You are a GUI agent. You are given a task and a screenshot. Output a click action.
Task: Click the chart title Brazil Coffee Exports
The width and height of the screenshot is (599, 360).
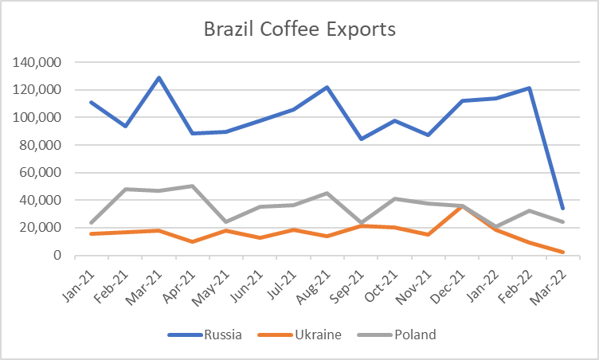299,29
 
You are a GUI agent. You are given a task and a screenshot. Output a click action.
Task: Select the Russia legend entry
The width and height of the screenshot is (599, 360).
205,335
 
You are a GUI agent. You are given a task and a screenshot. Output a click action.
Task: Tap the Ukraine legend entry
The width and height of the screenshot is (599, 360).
299,335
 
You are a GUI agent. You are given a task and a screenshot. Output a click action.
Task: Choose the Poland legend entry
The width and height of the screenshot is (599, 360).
397,335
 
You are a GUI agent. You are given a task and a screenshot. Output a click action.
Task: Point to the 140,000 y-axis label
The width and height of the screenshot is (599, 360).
37,62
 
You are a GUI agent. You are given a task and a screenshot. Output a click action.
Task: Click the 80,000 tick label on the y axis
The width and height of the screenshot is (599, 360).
40,145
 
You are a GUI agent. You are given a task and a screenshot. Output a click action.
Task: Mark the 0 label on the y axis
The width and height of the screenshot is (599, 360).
57,255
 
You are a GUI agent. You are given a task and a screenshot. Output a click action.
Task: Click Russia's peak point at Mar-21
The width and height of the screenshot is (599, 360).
159,77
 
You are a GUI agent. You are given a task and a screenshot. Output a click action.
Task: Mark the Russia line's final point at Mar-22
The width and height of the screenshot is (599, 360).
562,209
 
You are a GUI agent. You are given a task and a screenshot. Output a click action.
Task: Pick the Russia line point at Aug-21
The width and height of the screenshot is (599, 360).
327,88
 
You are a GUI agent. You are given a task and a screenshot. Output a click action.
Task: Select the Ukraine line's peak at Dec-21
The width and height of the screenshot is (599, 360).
462,206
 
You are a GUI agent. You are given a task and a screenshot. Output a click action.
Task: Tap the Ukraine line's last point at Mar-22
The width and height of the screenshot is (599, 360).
562,252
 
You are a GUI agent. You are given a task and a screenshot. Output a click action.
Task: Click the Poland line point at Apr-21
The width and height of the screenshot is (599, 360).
193,186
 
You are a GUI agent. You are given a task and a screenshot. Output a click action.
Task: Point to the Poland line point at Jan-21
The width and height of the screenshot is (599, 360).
92,222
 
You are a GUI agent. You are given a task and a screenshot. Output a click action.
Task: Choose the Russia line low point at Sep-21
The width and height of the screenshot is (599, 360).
361,139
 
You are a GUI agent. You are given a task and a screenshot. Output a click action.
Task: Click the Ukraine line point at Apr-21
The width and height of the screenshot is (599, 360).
193,241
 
